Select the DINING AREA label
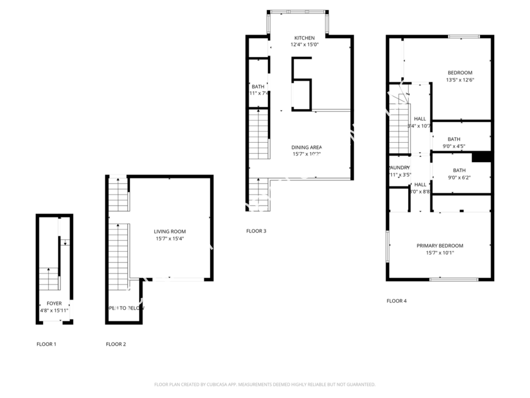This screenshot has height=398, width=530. pos(307,147)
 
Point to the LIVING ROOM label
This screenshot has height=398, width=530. pos(170,232)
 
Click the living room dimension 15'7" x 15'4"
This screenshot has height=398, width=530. pos(170,239)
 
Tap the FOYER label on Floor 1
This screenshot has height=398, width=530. pos(54,303)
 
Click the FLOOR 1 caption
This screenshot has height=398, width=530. pos(47,344)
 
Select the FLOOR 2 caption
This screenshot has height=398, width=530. pos(115,344)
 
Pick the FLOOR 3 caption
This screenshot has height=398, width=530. pos(256,231)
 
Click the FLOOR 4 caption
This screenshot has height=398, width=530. pos(396,301)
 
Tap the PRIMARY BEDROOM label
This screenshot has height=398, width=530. pos(440,245)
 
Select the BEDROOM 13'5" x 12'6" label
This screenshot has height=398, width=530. pos(459,76)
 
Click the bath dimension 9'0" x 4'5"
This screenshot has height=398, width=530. pos(454,146)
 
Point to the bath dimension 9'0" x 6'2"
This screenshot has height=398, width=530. pos(459,177)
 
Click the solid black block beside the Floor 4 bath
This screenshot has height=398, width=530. pos(482,157)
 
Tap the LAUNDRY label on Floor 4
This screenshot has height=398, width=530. pos(399,167)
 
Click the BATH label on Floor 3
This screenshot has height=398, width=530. pos(258,87)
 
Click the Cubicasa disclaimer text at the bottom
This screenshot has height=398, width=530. pos(264,384)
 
